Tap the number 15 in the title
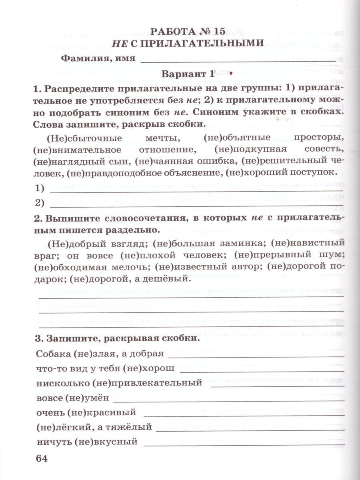(x=218, y=31)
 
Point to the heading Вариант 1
(x=186, y=74)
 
